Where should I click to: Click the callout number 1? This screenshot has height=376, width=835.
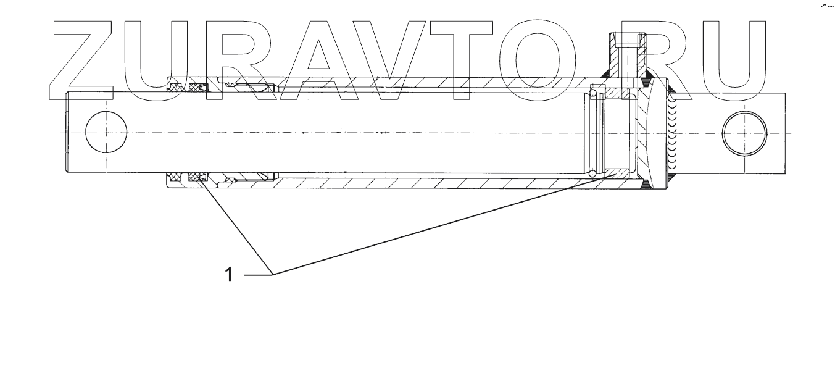click(x=229, y=274)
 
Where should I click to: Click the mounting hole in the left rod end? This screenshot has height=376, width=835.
click(x=106, y=132)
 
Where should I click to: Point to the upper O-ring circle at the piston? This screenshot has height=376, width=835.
click(x=593, y=93)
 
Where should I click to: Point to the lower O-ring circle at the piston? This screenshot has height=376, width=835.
click(x=593, y=172)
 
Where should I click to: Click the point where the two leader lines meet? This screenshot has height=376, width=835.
click(x=273, y=274)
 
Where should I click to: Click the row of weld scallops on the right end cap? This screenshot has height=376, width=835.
click(x=673, y=133)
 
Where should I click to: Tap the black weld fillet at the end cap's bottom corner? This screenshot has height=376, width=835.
click(x=646, y=183)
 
